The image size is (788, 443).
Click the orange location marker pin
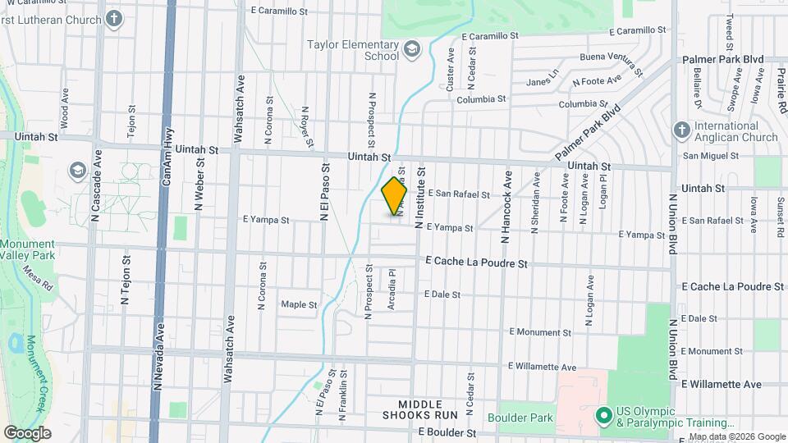pos(395,196)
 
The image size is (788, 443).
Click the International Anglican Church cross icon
pos(680,130)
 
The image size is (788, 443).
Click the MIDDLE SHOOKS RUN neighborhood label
pos(428,411)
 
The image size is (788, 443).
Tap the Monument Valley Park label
pos(27,250)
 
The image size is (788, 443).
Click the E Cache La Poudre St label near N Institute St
pos(476,263)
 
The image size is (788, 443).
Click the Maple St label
pos(299,304)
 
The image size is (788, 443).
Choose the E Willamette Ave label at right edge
pos(721,384)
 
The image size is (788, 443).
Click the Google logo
pos(27,432)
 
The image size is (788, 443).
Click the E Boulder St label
pos(447,432)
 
